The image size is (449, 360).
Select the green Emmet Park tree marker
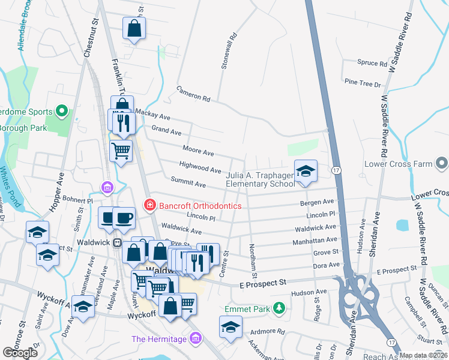pos(279,308)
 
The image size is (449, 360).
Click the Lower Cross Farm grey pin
pos(442,163)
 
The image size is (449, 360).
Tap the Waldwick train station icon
pos(118,243)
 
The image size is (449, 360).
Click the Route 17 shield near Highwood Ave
pos(337,171)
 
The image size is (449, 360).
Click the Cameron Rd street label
pos(193,93)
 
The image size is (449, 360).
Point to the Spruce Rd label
pos(372,62)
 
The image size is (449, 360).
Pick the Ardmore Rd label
pos(268,331)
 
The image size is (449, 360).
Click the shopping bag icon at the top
pos(134,28)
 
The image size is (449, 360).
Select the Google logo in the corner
pos(20,353)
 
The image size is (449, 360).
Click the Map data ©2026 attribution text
pos(423,355)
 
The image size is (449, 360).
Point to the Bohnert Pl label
pos(77,197)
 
